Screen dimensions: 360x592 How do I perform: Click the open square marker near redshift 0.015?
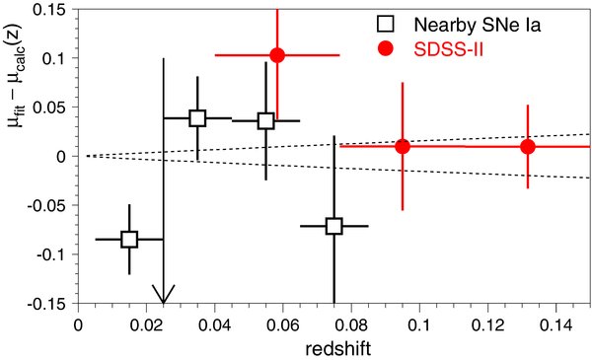[x=128, y=239]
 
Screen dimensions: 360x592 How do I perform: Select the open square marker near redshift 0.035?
[x=197, y=118]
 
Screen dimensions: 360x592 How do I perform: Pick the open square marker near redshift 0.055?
[x=265, y=121]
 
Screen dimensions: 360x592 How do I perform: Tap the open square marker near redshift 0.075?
[x=334, y=226]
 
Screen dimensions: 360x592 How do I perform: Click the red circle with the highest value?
[x=277, y=55]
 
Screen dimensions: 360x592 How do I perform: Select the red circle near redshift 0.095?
[x=403, y=146]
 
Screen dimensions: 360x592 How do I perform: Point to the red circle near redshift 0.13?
[x=528, y=146]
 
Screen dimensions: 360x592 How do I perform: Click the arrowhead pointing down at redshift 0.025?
[x=164, y=295]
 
